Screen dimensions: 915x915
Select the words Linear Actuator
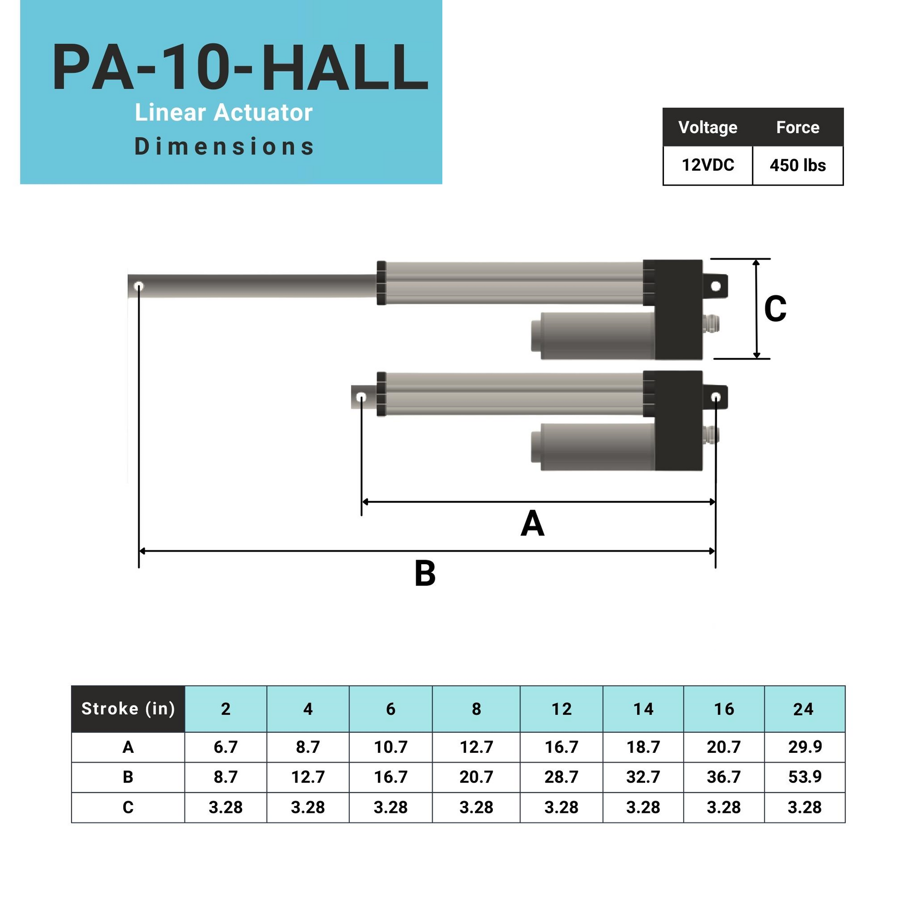(223, 113)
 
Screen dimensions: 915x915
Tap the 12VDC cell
(708, 165)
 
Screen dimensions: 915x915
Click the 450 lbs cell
(797, 166)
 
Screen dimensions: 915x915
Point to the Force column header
(797, 127)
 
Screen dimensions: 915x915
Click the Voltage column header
(708, 127)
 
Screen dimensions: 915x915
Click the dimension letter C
(775, 309)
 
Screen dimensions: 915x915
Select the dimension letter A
(532, 524)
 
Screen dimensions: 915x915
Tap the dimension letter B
(425, 574)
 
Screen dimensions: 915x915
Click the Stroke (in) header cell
(128, 709)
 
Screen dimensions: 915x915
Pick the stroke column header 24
(804, 709)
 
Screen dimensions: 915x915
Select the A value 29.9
(805, 747)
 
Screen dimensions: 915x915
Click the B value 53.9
(805, 777)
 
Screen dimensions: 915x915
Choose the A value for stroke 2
(225, 747)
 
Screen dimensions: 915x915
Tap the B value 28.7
(561, 777)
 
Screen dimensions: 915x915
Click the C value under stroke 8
(476, 807)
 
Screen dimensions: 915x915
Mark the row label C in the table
(128, 807)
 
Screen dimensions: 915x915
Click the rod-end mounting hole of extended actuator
(139, 286)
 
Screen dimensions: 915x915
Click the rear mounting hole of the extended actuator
(716, 286)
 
